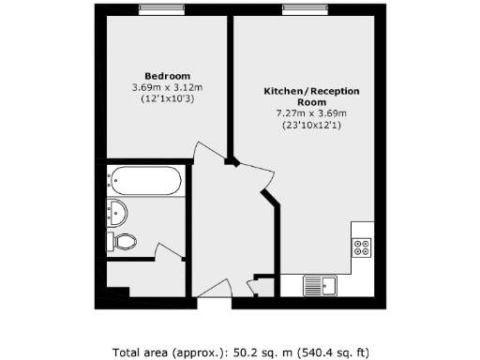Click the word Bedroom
pyautogui.click(x=167, y=76)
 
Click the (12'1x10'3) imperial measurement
pyautogui.click(x=167, y=98)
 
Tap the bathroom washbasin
pyautogui.click(x=116, y=211)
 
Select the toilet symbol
pyautogui.click(x=123, y=243)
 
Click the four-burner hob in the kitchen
pyautogui.click(x=362, y=248)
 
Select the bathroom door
pyautogui.click(x=167, y=253)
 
